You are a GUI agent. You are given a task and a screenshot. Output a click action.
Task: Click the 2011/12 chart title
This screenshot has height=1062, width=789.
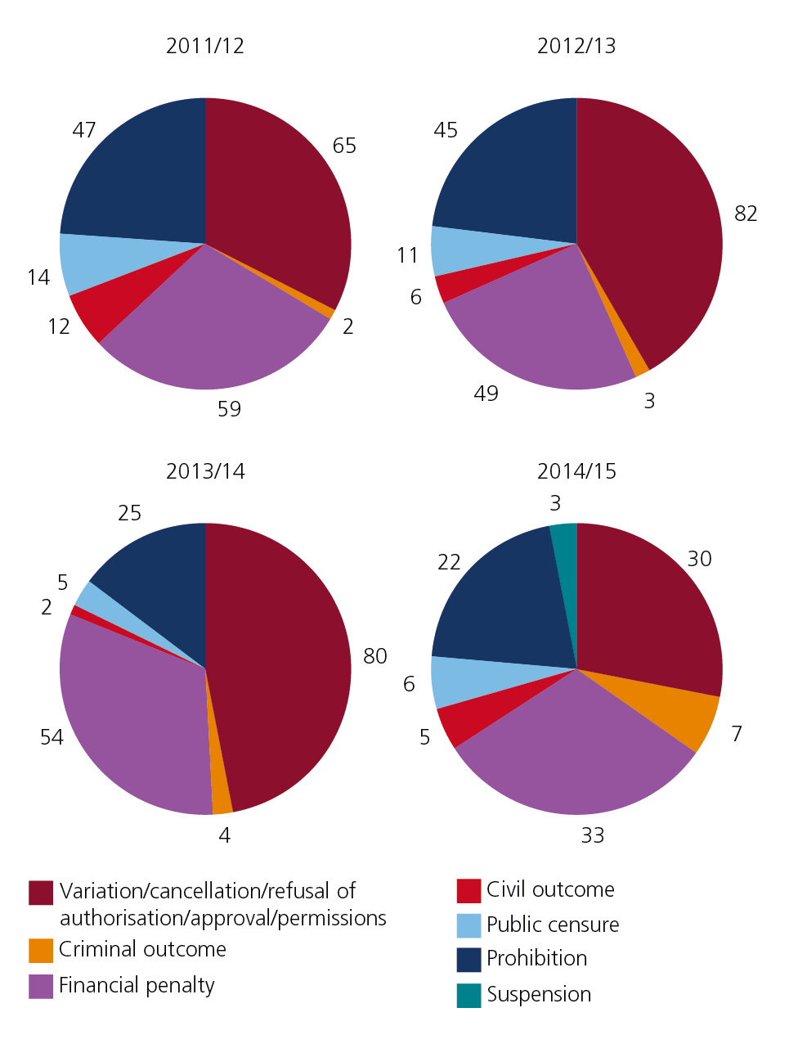pyautogui.click(x=205, y=46)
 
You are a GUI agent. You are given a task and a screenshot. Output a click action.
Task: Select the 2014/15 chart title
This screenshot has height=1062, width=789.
pyautogui.click(x=576, y=471)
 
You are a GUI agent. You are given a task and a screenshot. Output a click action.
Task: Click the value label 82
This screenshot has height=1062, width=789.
pyautogui.click(x=746, y=214)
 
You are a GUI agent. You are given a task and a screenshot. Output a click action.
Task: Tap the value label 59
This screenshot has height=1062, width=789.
pyautogui.click(x=229, y=409)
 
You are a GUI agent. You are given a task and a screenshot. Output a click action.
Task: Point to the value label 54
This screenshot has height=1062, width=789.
pyautogui.click(x=52, y=737)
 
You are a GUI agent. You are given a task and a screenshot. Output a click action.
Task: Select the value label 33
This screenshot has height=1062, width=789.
pyautogui.click(x=593, y=835)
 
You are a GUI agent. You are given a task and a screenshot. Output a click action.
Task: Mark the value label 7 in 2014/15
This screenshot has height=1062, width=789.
pyautogui.click(x=737, y=734)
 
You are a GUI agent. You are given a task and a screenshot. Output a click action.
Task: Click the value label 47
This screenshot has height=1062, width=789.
pyautogui.click(x=84, y=131)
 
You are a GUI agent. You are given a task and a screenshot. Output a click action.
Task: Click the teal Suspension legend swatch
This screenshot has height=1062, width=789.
pyautogui.click(x=468, y=995)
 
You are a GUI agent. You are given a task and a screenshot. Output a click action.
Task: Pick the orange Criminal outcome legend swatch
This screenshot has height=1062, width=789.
pyautogui.click(x=41, y=950)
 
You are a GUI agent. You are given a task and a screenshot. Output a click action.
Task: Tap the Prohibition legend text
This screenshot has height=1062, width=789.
pyautogui.click(x=536, y=958)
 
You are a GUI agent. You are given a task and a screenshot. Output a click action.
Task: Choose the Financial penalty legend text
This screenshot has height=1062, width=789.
pyautogui.click(x=137, y=985)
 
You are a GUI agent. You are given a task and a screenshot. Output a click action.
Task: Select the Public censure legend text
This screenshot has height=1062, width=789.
pyautogui.click(x=553, y=925)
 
